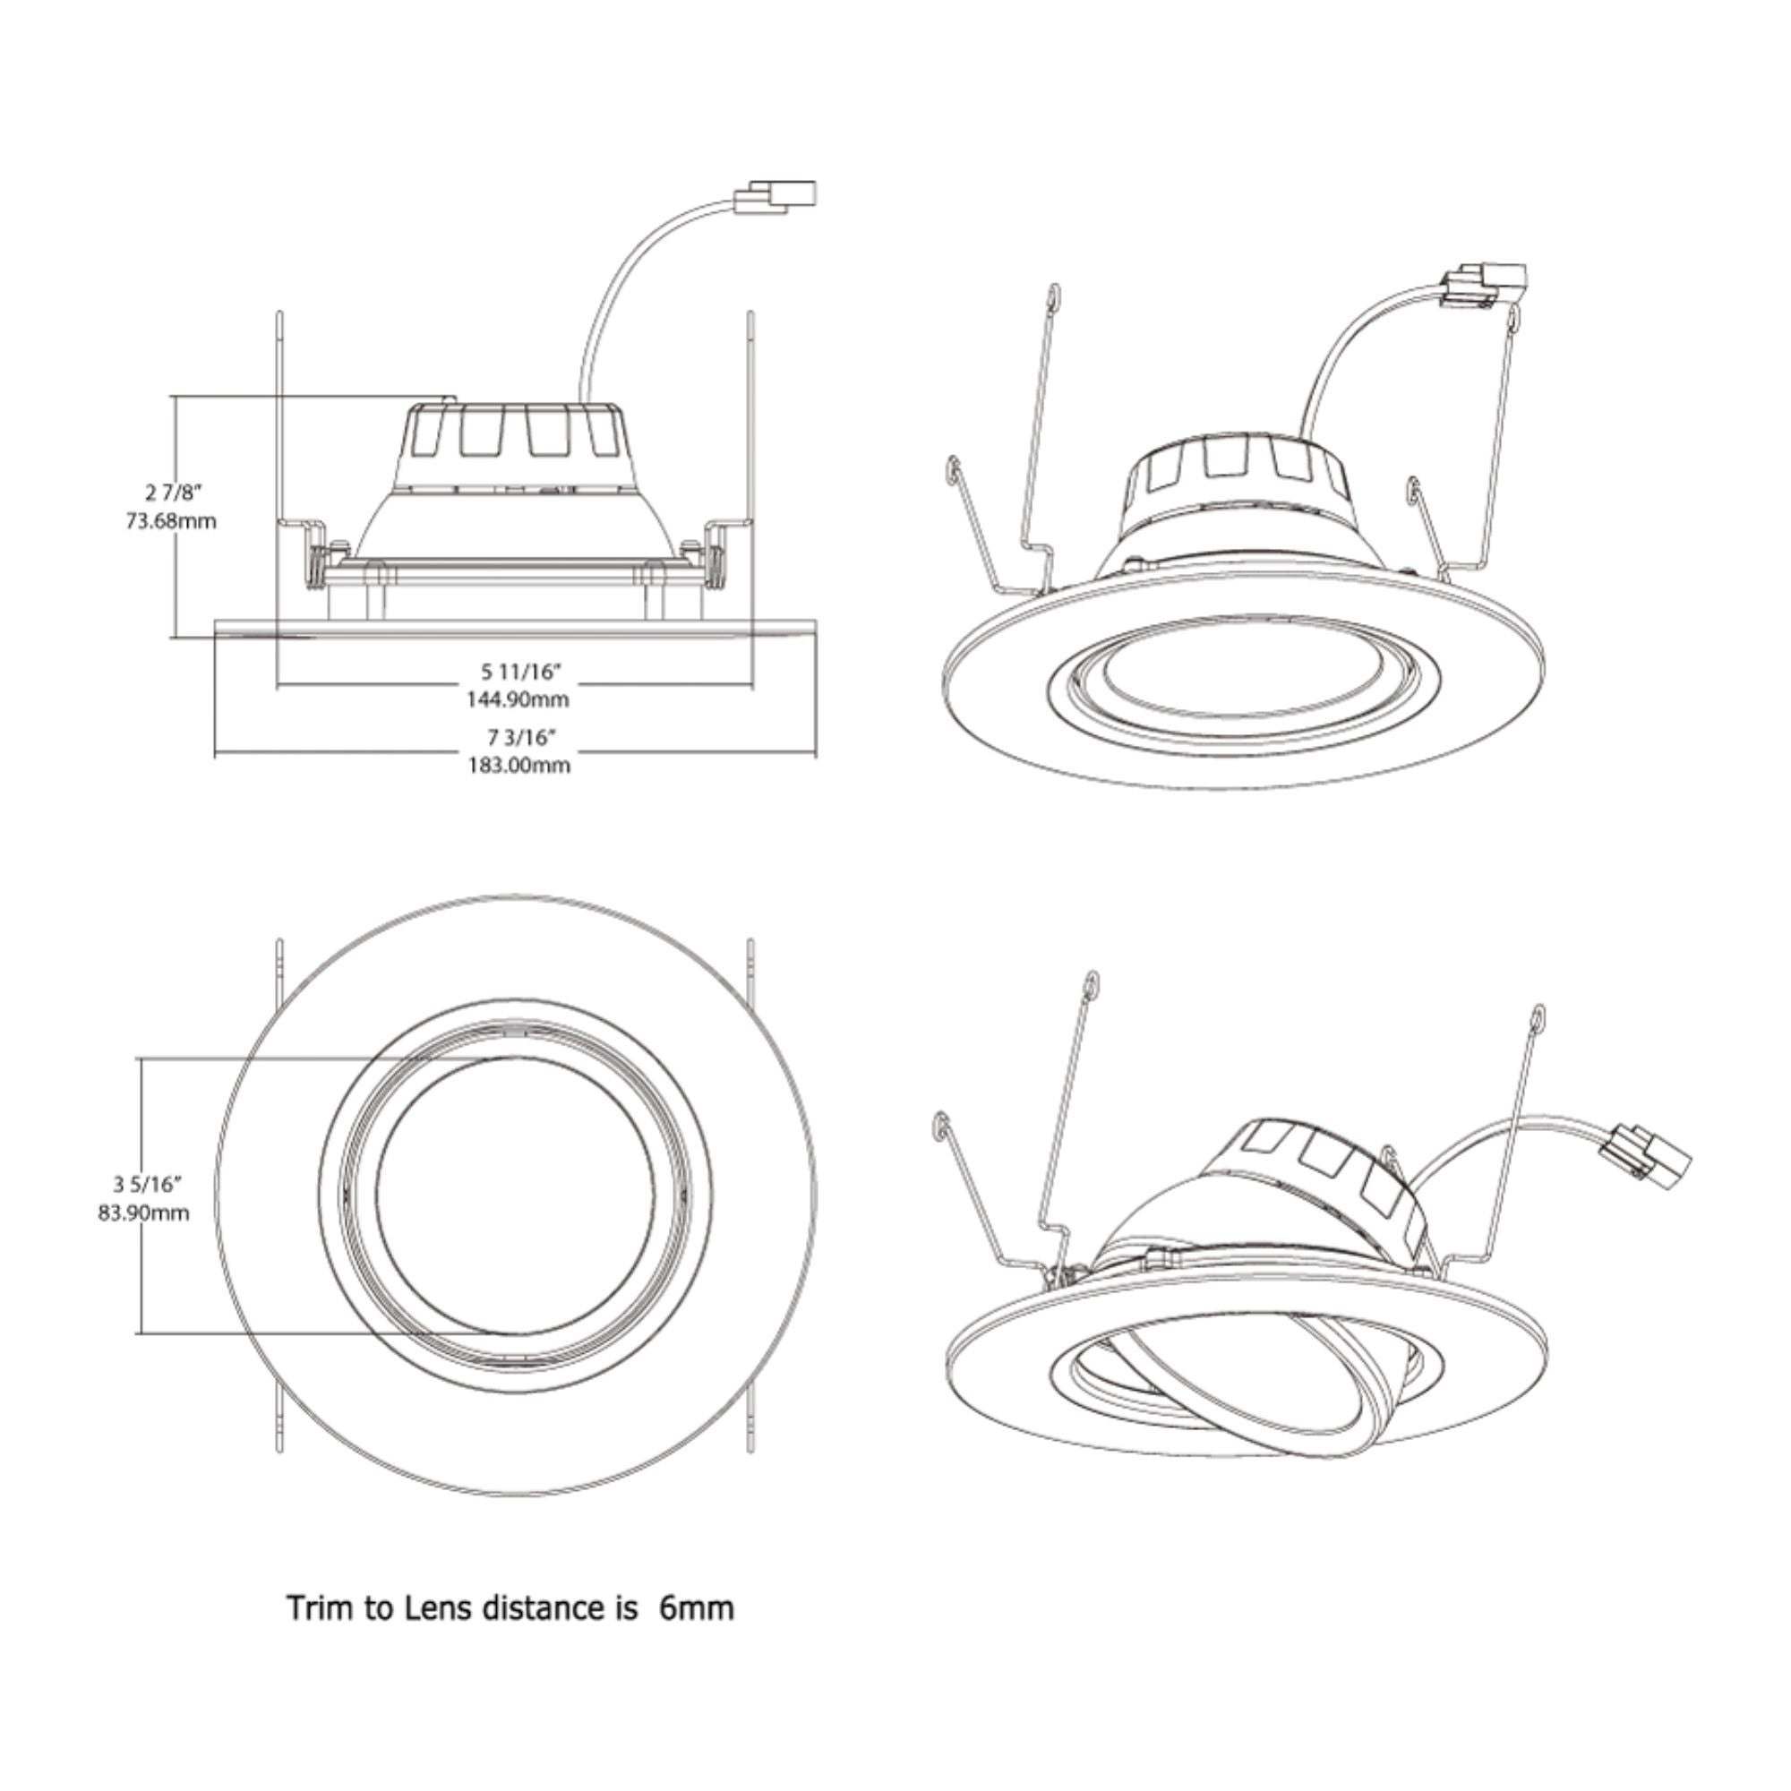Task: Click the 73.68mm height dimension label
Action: [x=172, y=521]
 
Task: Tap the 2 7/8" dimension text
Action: [x=174, y=491]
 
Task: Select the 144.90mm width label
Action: [x=518, y=699]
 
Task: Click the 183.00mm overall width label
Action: [x=518, y=766]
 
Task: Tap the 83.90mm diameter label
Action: [x=143, y=1213]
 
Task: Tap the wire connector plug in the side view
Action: [x=776, y=197]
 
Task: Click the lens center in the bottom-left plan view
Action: [x=516, y=1195]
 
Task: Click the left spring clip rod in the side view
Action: [x=279, y=417]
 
